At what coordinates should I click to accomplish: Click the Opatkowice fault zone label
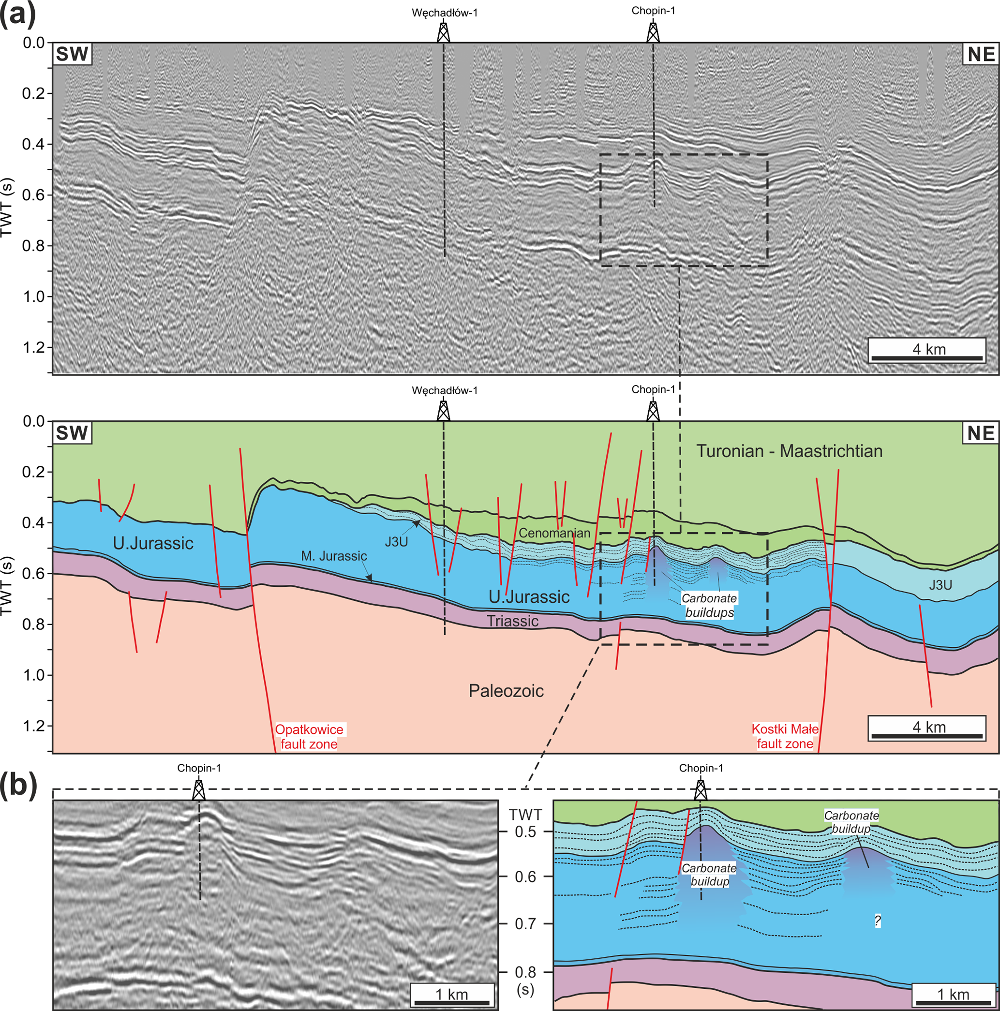coord(309,736)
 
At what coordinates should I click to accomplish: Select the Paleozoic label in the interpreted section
coord(506,691)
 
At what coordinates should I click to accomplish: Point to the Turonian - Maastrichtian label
coord(789,451)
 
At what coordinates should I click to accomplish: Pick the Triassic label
coord(512,621)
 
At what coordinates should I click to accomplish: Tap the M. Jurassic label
coord(334,556)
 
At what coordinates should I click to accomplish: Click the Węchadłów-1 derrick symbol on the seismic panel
coord(443,32)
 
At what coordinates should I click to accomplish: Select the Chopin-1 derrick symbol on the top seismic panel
coord(653,32)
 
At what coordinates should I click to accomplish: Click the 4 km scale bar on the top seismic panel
coord(927,350)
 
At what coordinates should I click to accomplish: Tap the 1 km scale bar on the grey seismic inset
coord(452,994)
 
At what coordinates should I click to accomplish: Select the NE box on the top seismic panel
coord(981,55)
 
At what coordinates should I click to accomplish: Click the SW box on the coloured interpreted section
coord(72,433)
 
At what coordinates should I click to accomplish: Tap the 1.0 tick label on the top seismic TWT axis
coord(33,297)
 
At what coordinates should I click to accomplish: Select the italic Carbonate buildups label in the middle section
coord(709,606)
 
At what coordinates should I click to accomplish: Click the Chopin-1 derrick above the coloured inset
coord(700,789)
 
